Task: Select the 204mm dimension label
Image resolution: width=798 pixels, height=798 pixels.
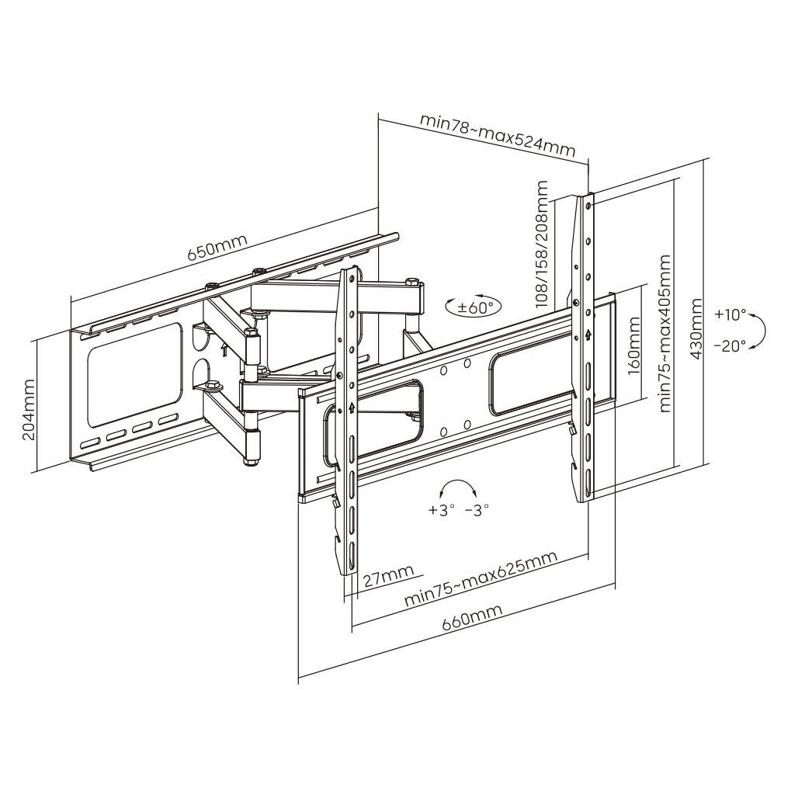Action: pos(29,410)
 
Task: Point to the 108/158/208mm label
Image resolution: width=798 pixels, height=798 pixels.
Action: pos(542,244)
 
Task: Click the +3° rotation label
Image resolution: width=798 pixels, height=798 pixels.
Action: pos(439,511)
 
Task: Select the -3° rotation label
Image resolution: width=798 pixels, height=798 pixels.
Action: pos(476,511)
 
